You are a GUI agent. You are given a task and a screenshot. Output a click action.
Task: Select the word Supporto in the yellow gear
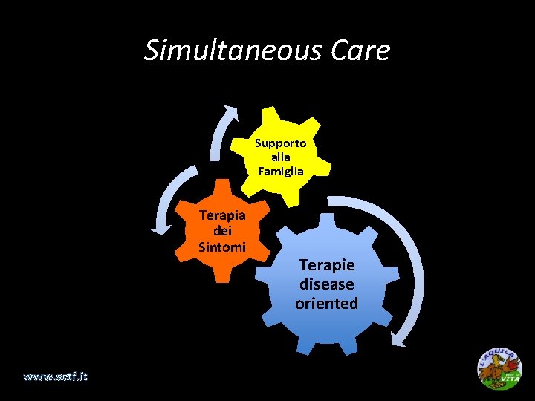point(280,143)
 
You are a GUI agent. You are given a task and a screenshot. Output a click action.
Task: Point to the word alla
point(280,157)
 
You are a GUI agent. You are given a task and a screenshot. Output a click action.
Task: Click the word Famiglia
point(280,172)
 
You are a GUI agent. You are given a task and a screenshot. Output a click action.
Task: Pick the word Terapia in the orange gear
point(222,215)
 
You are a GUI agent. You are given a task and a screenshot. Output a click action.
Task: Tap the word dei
point(222,231)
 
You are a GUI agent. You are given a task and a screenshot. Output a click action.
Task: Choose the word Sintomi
point(222,247)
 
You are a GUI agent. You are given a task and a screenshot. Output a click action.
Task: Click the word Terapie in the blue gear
point(326,264)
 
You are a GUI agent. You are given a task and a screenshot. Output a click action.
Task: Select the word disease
point(326,284)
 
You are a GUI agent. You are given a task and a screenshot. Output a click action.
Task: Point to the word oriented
point(326,303)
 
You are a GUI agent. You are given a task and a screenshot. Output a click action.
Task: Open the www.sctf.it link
point(55,376)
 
